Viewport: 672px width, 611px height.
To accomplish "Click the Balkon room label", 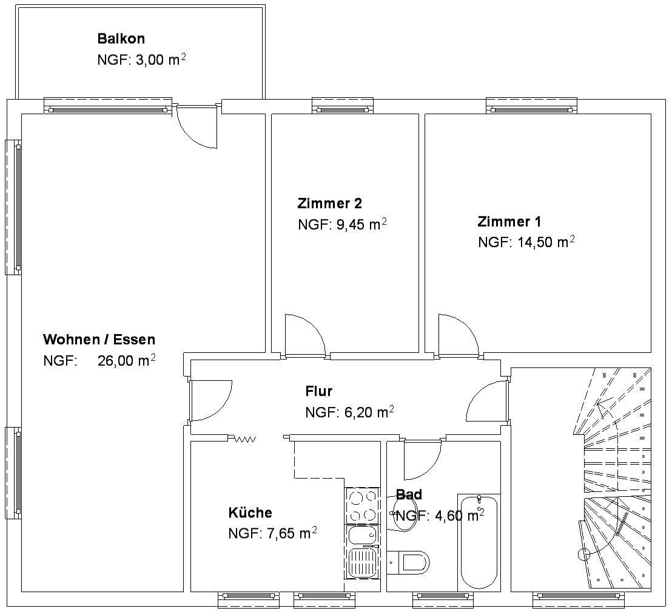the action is pos(121,39).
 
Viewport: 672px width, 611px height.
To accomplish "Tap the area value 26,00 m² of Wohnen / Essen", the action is pos(126,360).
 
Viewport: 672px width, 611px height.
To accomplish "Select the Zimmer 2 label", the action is pos(329,203).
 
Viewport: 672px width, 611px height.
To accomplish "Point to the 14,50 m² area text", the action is pos(546,242).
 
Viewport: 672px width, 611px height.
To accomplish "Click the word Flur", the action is pos(318,391).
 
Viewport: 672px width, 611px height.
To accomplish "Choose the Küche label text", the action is pos(250,513).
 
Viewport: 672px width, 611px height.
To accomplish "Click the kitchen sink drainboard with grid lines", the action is pos(362,562).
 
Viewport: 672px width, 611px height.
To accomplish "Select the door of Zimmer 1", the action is pos(458,335).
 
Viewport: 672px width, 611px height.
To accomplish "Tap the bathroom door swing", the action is pos(422,460).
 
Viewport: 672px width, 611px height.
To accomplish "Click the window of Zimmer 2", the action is pos(343,106).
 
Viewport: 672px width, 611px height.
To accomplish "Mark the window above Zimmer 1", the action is pos(531,106).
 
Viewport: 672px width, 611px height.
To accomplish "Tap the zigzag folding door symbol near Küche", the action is pos(244,439).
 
